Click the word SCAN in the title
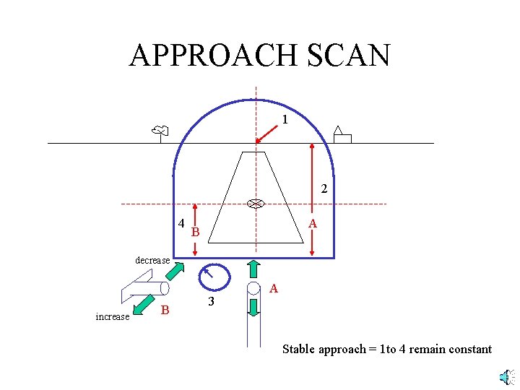click(x=349, y=55)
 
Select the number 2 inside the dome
click(x=324, y=189)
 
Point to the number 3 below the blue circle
click(x=211, y=302)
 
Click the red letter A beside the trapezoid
click(x=313, y=225)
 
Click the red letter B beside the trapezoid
click(x=195, y=232)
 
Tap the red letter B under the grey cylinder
click(x=165, y=311)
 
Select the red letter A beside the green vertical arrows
click(x=273, y=289)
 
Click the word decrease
click(x=152, y=260)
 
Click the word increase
click(x=112, y=316)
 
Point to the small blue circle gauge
click(x=214, y=277)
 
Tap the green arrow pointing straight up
click(x=253, y=268)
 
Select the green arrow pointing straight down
click(x=253, y=307)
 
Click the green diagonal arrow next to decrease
click(x=176, y=271)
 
